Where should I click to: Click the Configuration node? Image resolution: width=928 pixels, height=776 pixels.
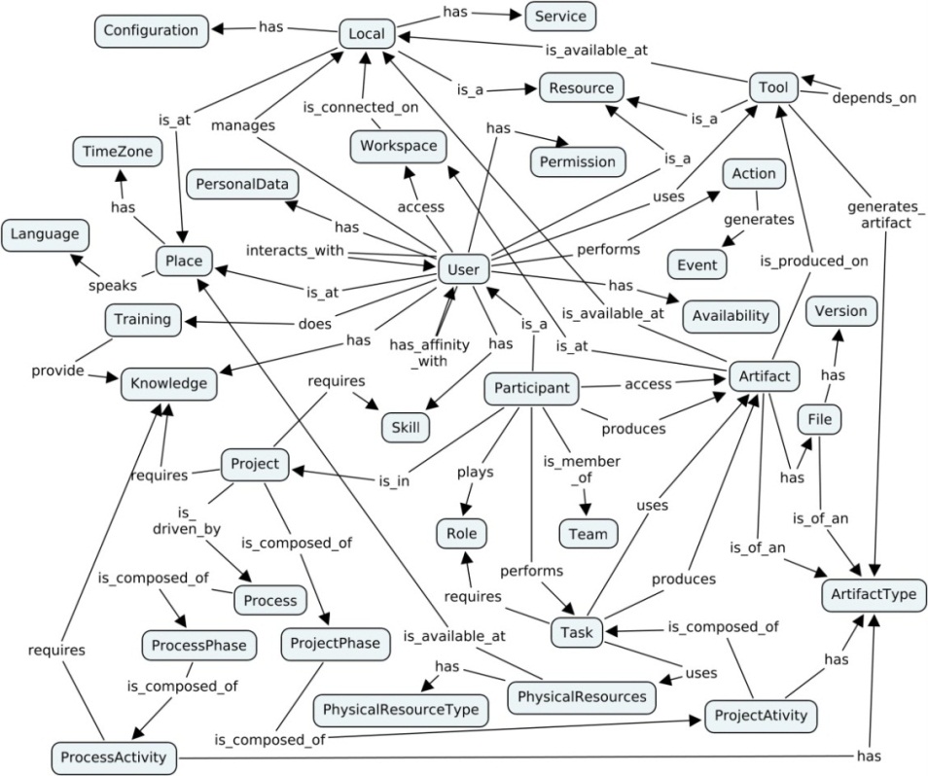(151, 30)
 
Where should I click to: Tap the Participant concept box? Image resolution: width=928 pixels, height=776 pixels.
(532, 388)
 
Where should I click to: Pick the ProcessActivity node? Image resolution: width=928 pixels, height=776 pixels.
(115, 757)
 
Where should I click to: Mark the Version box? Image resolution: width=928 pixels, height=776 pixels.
(841, 313)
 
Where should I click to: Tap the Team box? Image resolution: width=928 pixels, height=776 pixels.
(588, 533)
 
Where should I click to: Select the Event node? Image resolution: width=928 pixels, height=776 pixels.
(697, 264)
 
